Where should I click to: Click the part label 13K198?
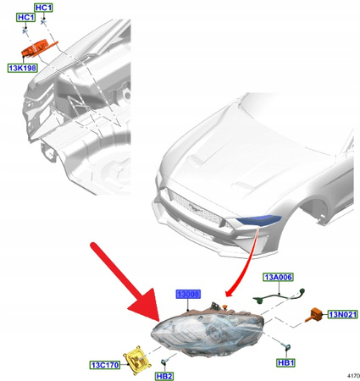coord(24,67)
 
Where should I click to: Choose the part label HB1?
coord(286,362)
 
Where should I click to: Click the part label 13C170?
coord(105,366)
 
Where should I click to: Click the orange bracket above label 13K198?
coord(44,49)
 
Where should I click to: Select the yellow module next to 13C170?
coord(137,357)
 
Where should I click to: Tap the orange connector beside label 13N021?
coord(315,313)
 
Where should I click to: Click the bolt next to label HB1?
coord(286,348)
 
